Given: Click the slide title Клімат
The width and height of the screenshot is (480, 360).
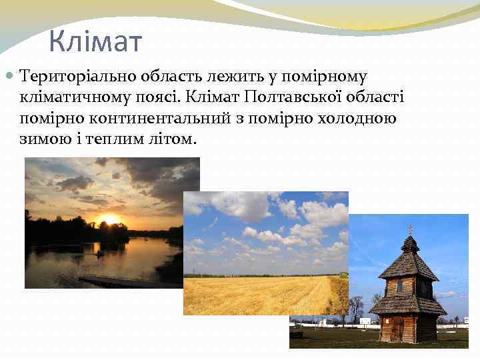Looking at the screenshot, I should [x=95, y=41].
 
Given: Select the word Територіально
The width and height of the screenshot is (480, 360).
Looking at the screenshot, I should [x=69, y=77].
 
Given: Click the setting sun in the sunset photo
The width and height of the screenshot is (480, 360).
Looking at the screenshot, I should [x=109, y=219].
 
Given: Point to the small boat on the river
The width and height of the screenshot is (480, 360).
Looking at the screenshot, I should [x=100, y=253].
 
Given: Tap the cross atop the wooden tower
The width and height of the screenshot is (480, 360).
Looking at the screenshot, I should [x=409, y=229].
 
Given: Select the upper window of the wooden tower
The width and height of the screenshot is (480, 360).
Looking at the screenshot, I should [x=400, y=286].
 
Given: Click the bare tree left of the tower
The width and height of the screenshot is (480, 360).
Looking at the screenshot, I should [x=357, y=307].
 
